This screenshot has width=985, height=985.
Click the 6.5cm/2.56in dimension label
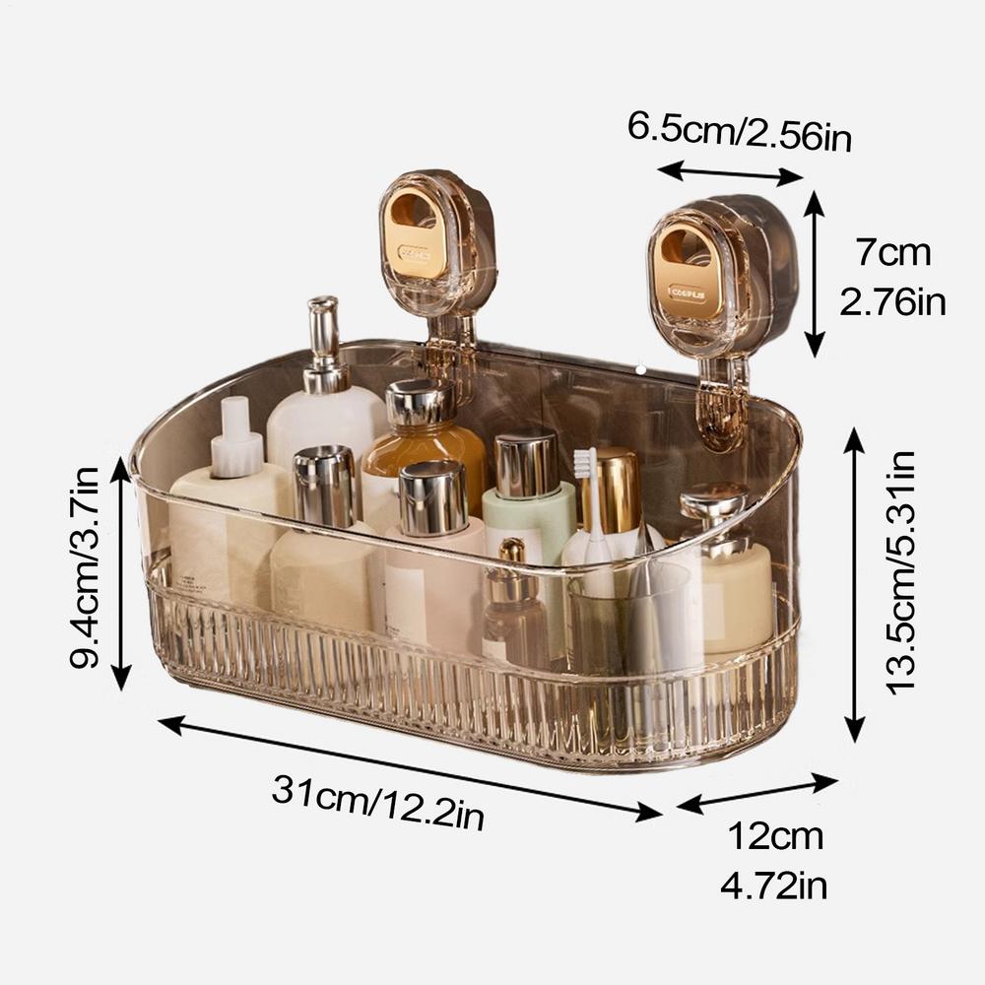tap(739, 132)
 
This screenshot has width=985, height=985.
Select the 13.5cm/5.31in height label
tap(900, 572)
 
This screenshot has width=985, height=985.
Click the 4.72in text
tap(774, 886)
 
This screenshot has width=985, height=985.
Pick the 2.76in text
tap(892, 300)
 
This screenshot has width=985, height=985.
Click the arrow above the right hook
tap(731, 175)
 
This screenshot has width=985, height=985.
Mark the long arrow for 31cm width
tap(409, 767)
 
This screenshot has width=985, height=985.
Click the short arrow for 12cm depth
tap(756, 794)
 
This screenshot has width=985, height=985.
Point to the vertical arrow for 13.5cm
tap(854, 584)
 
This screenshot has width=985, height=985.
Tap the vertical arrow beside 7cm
tap(814, 273)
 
